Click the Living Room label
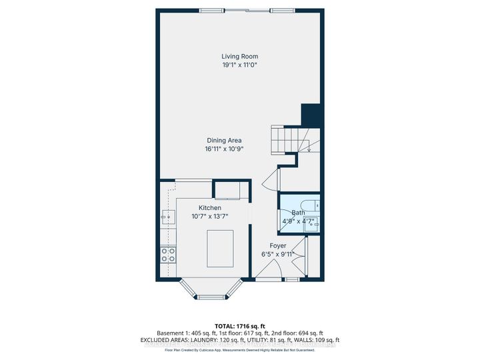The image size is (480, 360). tap(239, 57)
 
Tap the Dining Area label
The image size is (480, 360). tap(224, 140)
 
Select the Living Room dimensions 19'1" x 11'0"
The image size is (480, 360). tap(239, 65)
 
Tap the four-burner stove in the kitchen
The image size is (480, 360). tap(168, 254)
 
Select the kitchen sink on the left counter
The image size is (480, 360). tap(167, 216)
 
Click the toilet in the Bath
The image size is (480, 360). tap(309, 205)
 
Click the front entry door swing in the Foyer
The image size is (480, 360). tap(270, 269)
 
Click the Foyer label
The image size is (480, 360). tap(278, 245)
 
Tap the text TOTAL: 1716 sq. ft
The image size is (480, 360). tap(239, 325)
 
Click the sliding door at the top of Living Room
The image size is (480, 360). tap(247, 10)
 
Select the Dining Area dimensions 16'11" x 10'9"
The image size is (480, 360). tap(224, 149)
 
